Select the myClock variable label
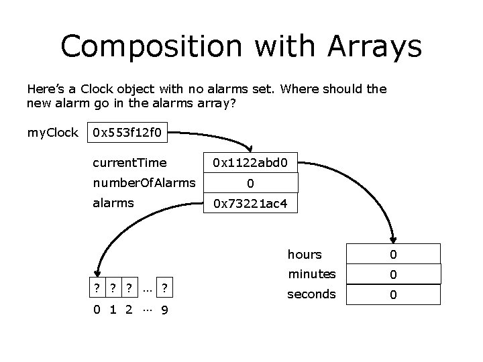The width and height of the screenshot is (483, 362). click(52, 132)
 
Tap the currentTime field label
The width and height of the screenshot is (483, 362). click(129, 162)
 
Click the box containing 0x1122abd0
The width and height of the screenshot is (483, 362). click(250, 162)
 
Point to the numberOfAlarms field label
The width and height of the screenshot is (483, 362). click(144, 182)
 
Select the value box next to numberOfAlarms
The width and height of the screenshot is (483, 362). click(250, 183)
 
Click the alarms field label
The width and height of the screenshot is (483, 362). click(113, 202)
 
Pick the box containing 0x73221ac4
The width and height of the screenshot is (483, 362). click(250, 203)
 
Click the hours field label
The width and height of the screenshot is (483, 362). click(305, 254)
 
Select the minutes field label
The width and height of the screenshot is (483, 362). click(311, 274)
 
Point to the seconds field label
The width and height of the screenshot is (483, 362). click(311, 294)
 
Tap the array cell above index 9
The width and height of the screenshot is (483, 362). click(164, 288)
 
